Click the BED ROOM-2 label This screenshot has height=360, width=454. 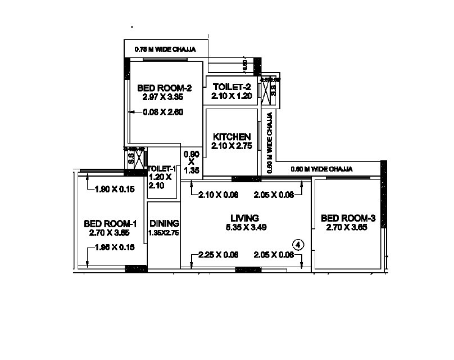(165, 88)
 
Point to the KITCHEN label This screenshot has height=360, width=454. (231, 137)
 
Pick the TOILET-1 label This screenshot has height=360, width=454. (162, 169)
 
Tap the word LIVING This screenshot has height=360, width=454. (244, 218)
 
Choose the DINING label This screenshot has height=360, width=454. (164, 223)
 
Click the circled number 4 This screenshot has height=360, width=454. (299, 244)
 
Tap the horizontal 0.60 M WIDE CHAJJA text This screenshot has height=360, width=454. (321, 169)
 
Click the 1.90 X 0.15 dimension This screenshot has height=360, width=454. (115, 190)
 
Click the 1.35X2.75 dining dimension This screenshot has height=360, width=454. (164, 232)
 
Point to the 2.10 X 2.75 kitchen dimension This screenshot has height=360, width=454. (231, 146)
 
